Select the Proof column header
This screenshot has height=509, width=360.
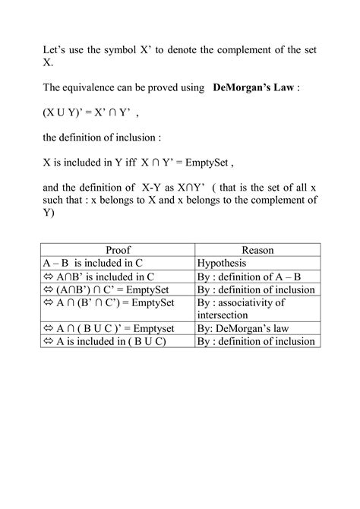pos(118,249)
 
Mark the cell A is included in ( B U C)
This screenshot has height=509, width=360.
pos(107,342)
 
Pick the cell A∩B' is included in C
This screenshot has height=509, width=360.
pos(95,276)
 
